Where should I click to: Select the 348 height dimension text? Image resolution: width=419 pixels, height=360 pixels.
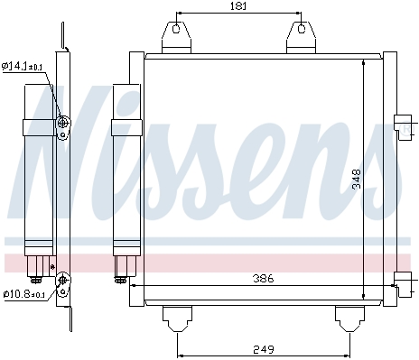point(357,180)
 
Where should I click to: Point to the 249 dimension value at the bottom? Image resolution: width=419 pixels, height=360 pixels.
point(262,349)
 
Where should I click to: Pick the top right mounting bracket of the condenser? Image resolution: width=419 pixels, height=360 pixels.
point(300,37)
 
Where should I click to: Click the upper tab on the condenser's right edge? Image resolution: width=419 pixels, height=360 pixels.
point(403,127)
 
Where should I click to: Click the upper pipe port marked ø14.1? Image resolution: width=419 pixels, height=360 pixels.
point(63,124)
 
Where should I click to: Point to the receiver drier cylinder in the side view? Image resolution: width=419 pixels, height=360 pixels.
point(39,167)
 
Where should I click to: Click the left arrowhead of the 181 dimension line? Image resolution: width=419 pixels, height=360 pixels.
point(178,14)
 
